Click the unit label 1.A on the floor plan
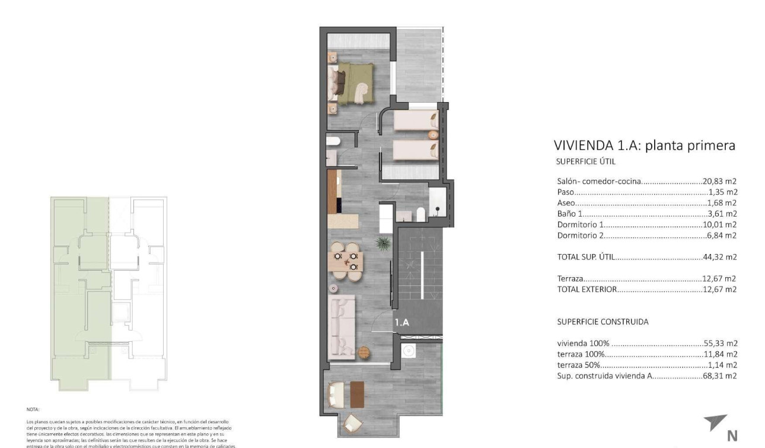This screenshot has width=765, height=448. (x=402, y=323)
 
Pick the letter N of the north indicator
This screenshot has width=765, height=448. (x=732, y=436)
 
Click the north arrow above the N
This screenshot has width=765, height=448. (x=716, y=422)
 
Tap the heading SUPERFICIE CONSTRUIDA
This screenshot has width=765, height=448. (x=603, y=322)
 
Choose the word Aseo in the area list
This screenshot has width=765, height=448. (x=566, y=203)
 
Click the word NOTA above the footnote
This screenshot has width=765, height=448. (x=33, y=409)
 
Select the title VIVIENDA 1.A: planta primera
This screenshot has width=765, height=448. (x=644, y=145)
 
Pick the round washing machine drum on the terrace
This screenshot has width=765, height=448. (x=408, y=351)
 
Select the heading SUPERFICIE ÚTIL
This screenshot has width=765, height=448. (x=586, y=161)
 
